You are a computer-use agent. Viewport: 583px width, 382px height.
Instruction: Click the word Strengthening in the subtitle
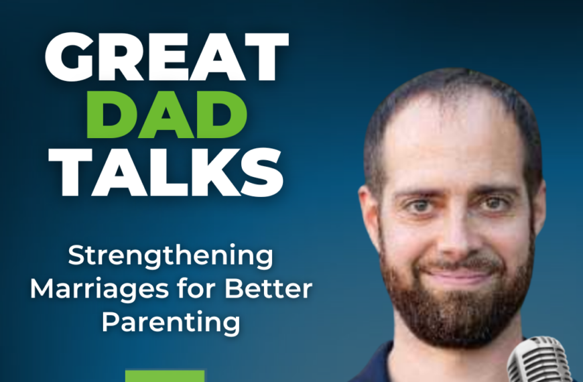(172, 257)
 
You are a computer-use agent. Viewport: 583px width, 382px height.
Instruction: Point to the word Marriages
(98, 290)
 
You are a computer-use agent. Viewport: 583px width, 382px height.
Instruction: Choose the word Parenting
(171, 322)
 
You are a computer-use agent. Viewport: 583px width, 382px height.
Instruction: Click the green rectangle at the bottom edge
(165, 375)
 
